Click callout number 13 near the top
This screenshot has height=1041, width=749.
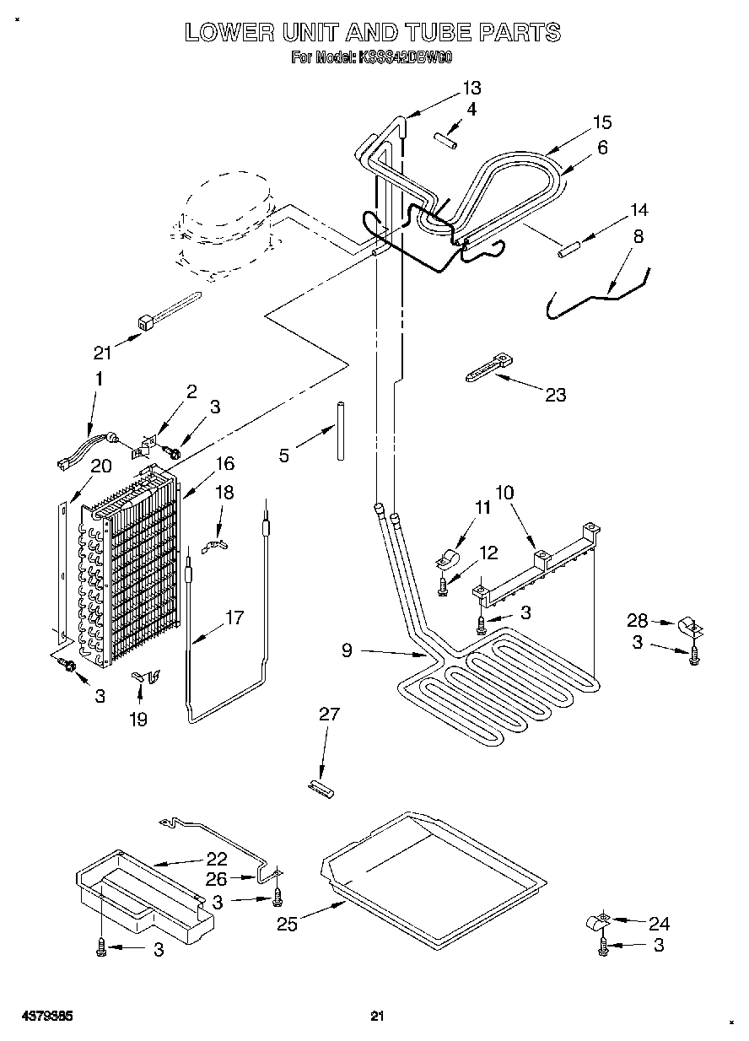coord(471,87)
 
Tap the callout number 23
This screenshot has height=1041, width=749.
coord(555,394)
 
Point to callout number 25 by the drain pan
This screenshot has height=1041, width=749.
coord(287,925)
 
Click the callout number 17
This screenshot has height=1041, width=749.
coord(234,618)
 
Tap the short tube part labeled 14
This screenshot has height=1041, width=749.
coord(567,248)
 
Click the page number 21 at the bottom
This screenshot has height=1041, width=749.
coord(377,1017)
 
